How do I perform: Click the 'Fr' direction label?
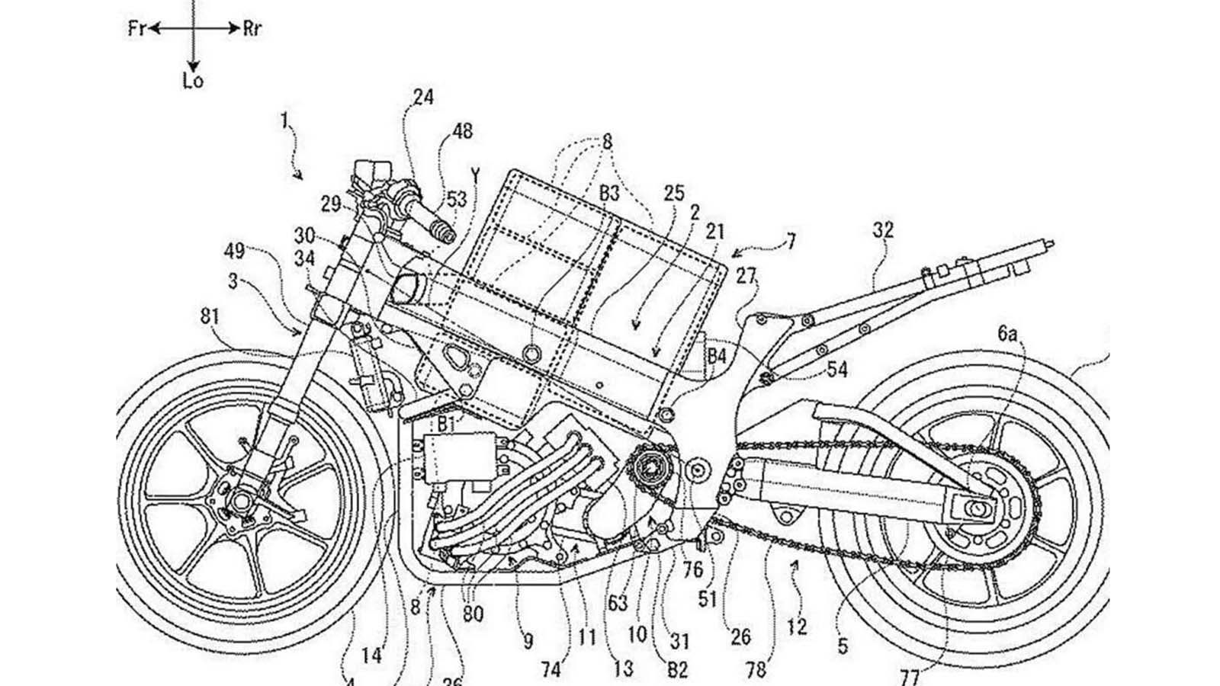tap(136, 30)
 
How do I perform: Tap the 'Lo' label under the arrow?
tap(194, 80)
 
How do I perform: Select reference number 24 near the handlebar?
tap(423, 97)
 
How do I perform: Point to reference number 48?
tap(462, 131)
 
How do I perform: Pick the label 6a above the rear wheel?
tap(1007, 333)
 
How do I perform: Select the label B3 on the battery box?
tap(609, 194)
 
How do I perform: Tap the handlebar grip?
tap(439, 227)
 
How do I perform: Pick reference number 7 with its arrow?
tap(791, 242)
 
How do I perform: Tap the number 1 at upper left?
tap(284, 120)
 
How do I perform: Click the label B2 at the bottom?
tap(678, 670)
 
